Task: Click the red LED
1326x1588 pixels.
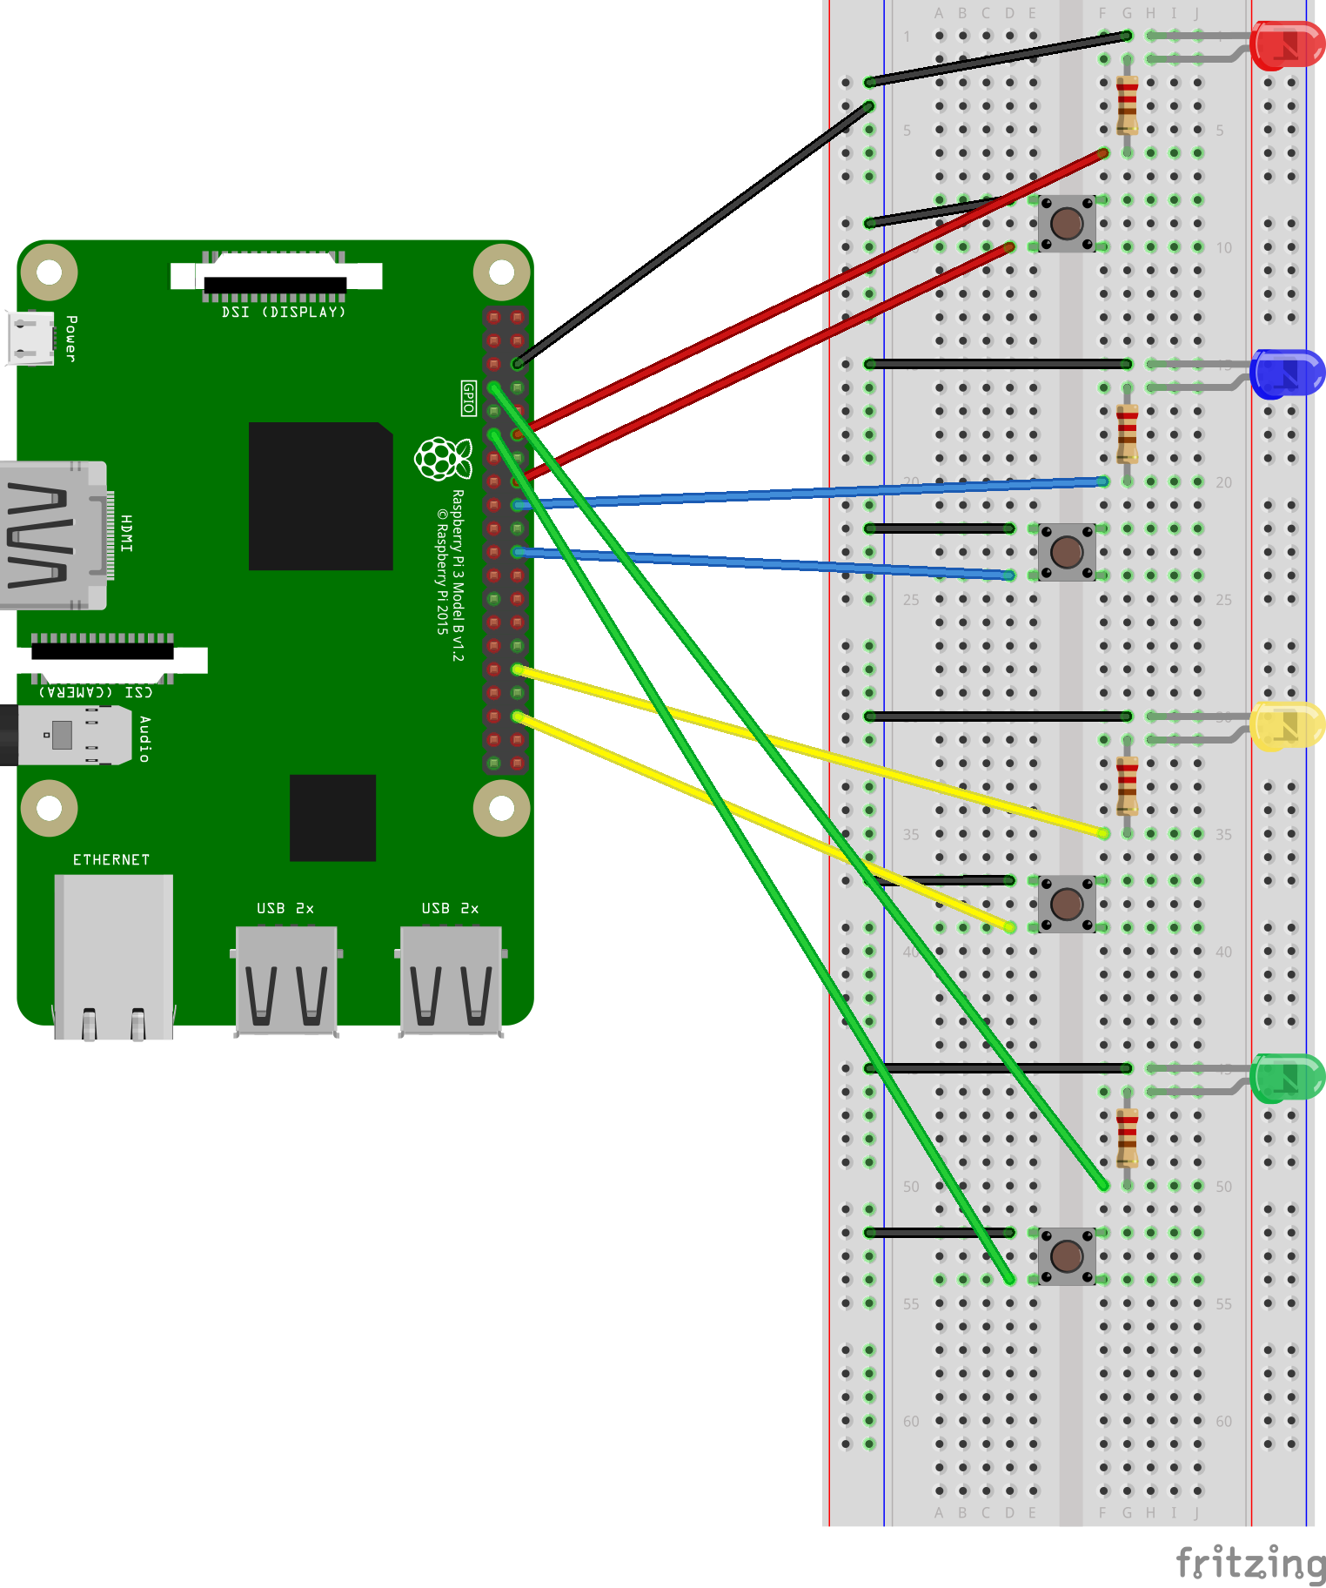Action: click(x=1287, y=46)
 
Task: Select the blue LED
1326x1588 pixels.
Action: click(x=1287, y=373)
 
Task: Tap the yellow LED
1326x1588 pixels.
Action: click(x=1287, y=726)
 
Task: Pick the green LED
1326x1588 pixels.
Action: click(x=1287, y=1077)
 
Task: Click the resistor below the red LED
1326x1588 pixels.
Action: click(x=1127, y=104)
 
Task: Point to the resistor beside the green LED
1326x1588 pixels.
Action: click(x=1127, y=1137)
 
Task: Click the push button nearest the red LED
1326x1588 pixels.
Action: click(x=1067, y=224)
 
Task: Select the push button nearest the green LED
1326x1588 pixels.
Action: click(x=1067, y=1255)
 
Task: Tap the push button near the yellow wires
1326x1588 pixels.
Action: click(x=1067, y=904)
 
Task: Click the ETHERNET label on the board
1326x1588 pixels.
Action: click(x=111, y=860)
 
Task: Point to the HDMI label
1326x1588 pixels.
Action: click(x=127, y=533)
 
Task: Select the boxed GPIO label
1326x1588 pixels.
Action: click(x=468, y=398)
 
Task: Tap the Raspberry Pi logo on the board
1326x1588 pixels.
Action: click(x=443, y=458)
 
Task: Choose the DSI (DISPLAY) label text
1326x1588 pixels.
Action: click(x=284, y=312)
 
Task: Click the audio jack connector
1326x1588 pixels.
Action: click(x=65, y=735)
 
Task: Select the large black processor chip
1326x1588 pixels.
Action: click(x=320, y=496)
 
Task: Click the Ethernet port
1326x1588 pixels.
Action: click(x=113, y=956)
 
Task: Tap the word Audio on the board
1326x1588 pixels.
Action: click(x=144, y=739)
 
